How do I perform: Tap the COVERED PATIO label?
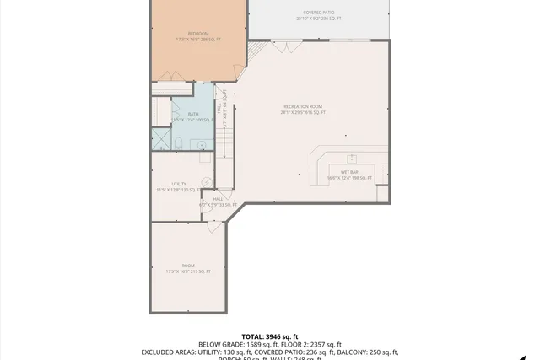tap(319, 13)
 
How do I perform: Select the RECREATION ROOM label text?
tap(304, 106)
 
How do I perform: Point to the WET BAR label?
tap(349, 172)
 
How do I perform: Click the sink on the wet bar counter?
tap(352, 159)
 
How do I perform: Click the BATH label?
tap(193, 114)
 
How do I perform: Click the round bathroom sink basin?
tap(202, 145)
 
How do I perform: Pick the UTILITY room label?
tap(179, 184)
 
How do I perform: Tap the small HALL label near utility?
tap(218, 199)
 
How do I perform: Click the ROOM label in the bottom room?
tap(188, 266)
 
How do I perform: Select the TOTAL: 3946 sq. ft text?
tap(270, 336)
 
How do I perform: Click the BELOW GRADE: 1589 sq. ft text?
tap(234, 344)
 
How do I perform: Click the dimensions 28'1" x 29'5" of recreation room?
tap(304, 112)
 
